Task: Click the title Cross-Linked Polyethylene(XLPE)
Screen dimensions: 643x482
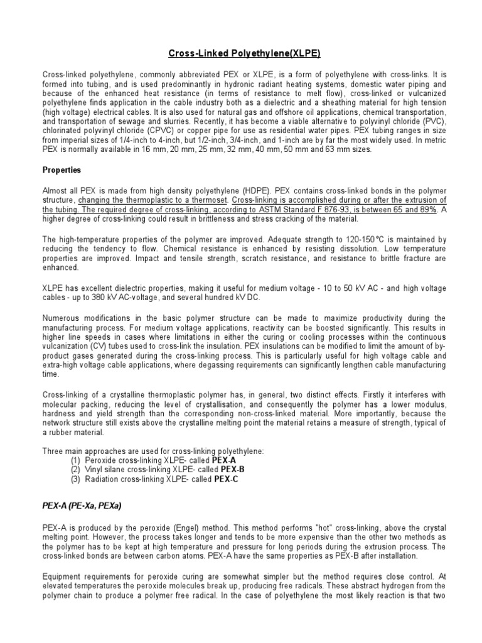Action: coord(240,54)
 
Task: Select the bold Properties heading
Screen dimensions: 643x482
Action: coord(62,170)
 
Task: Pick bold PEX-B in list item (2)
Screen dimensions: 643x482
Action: coord(233,469)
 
